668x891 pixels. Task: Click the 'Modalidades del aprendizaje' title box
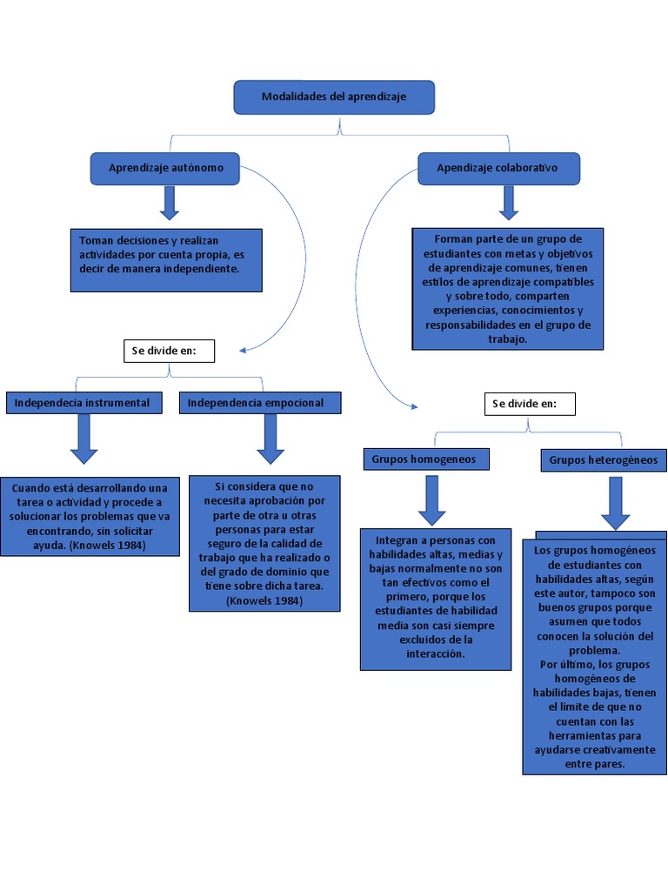tap(333, 97)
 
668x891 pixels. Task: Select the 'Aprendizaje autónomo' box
tap(165, 168)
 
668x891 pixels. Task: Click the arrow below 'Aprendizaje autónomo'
tap(170, 202)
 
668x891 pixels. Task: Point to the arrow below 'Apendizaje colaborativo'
tap(509, 202)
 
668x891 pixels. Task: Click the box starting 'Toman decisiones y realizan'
tap(165, 259)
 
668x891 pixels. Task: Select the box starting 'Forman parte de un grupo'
tap(507, 289)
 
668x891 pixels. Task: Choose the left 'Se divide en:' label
tap(169, 352)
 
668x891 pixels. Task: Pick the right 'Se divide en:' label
tap(530, 404)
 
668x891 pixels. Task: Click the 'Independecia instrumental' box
tap(83, 403)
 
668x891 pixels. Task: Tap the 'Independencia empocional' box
tap(259, 403)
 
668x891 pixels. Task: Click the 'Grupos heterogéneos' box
tap(603, 460)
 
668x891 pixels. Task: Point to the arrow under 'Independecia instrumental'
tap(83, 439)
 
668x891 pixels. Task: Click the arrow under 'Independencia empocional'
tap(271, 439)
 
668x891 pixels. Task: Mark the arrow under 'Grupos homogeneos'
tap(431, 500)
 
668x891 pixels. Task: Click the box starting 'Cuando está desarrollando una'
tap(90, 516)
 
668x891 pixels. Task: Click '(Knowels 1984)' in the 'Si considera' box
tap(264, 600)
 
